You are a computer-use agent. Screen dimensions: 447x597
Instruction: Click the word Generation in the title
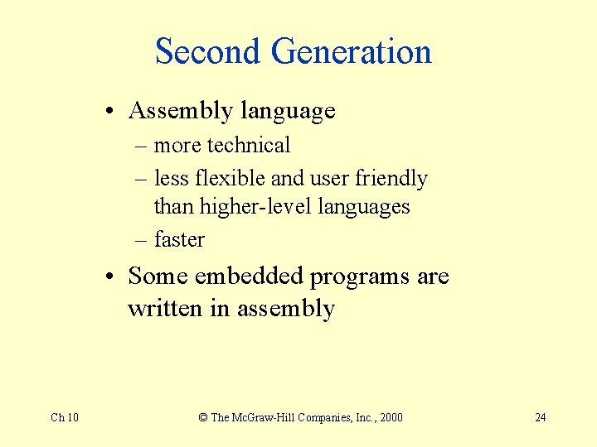[x=352, y=51]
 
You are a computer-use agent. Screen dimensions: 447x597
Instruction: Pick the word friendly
[x=391, y=179]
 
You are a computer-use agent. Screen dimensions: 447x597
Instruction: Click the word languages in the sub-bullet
[x=366, y=207]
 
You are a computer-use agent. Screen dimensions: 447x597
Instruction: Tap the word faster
[x=179, y=239]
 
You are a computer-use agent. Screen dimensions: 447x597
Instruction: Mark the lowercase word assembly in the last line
[x=286, y=310]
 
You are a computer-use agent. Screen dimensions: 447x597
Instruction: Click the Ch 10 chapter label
[x=65, y=417]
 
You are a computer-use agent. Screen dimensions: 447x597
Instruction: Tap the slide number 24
[x=540, y=417]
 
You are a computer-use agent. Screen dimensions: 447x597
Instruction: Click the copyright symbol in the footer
[x=202, y=417]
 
